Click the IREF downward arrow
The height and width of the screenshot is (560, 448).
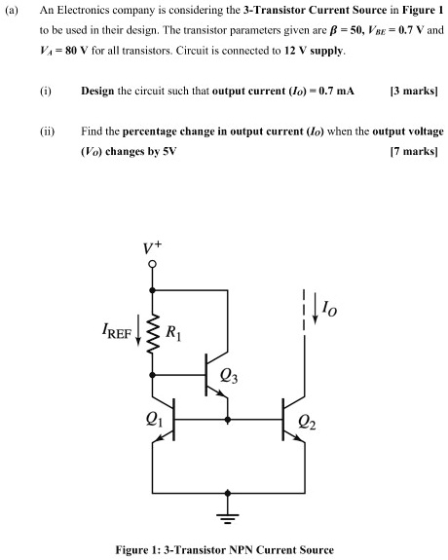click(136, 337)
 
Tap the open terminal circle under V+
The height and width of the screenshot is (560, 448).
click(153, 274)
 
